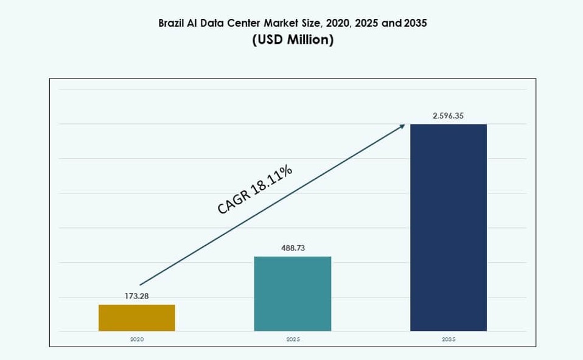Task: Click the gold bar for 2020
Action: tap(137, 317)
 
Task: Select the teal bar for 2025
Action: tap(293, 294)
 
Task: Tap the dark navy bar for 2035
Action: tap(449, 227)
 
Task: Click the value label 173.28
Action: tap(137, 296)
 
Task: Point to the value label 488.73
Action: tap(293, 248)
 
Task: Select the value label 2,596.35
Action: tap(449, 116)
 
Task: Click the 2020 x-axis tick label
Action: tap(137, 339)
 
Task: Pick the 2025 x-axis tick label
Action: tap(293, 339)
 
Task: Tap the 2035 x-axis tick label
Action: tap(449, 339)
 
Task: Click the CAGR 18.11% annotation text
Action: tap(255, 190)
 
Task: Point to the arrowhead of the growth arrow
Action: tap(402, 125)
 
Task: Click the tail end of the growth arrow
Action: tap(141, 284)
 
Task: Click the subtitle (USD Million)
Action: tap(293, 41)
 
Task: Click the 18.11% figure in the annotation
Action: tap(273, 179)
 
